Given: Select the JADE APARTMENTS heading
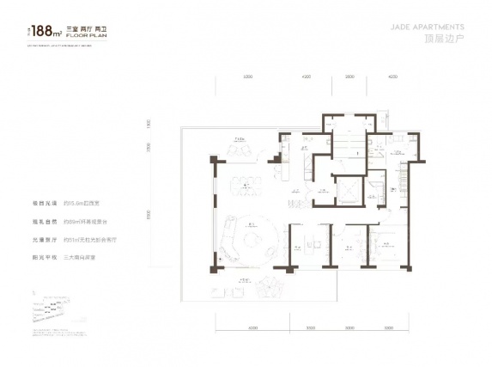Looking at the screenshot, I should coord(434,27).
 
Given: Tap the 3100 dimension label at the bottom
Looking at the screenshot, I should coord(309,327).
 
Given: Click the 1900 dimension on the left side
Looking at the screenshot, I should coord(148,125).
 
